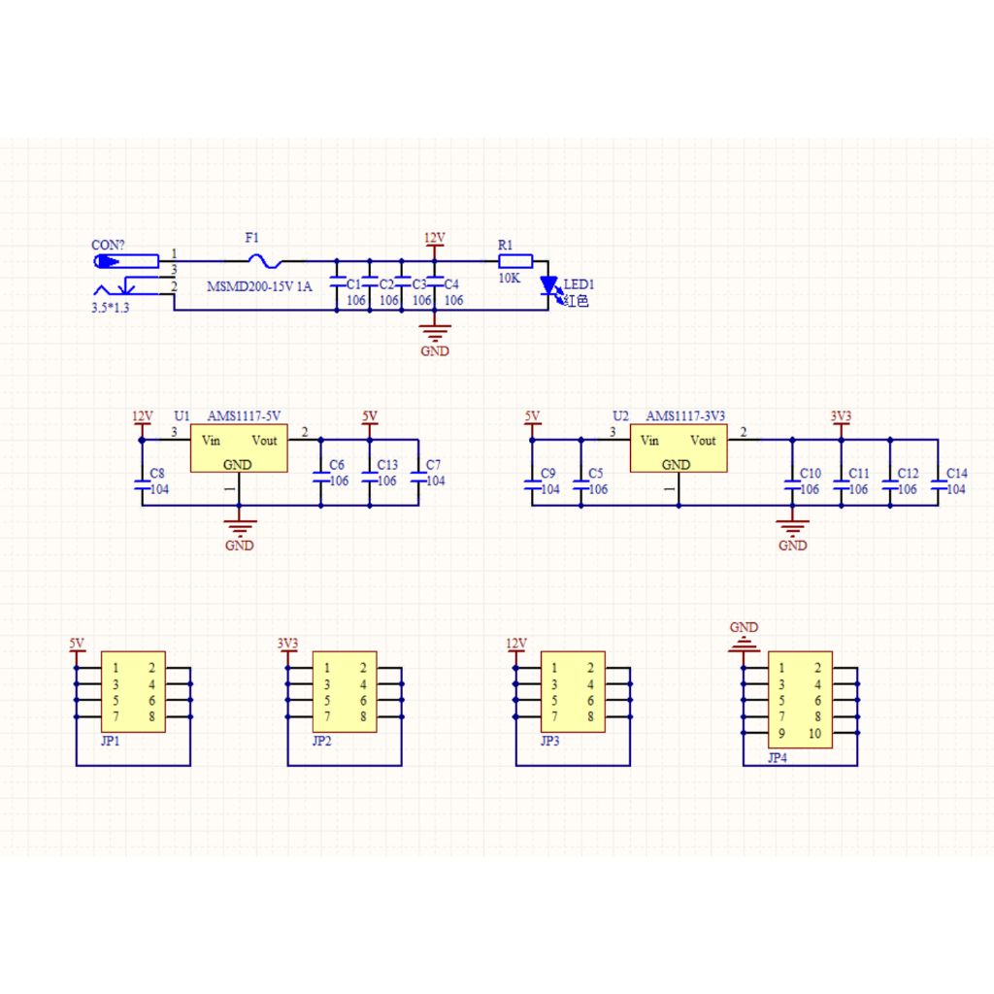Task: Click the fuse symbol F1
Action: (x=264, y=260)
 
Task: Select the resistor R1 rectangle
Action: (x=515, y=261)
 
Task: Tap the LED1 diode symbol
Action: (x=548, y=285)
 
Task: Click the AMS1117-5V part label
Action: (x=244, y=415)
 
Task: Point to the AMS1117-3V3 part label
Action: (x=685, y=415)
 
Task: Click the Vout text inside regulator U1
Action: (x=264, y=440)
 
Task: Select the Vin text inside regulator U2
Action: (x=649, y=440)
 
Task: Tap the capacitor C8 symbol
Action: (x=142, y=485)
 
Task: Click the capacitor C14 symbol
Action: (x=939, y=485)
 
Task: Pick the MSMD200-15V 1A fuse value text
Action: (x=259, y=286)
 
